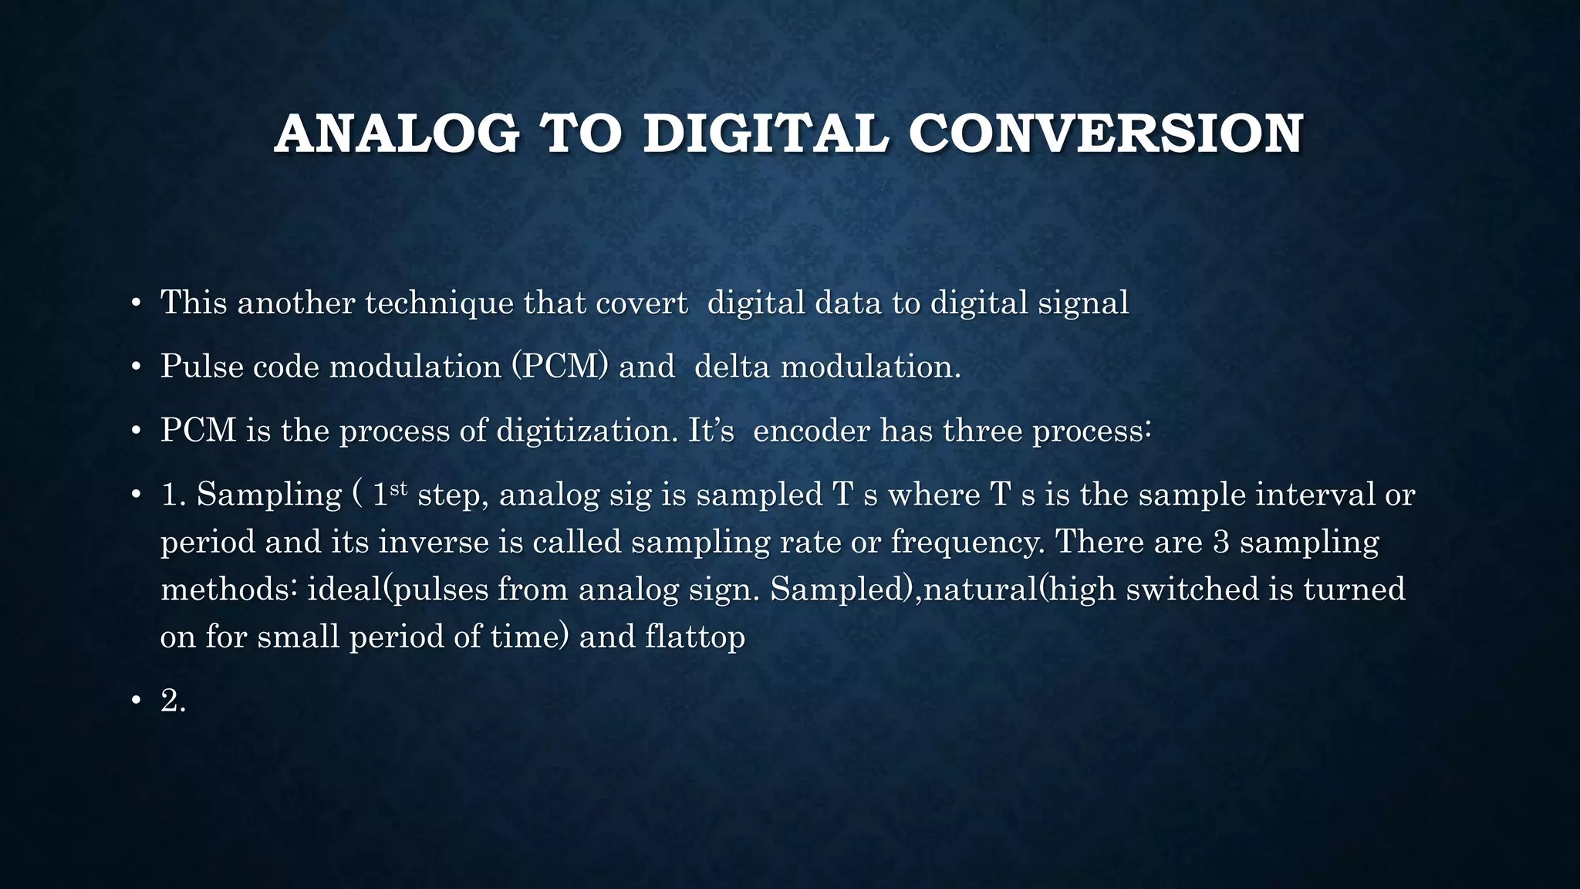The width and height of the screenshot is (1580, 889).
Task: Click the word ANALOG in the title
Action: [397, 134]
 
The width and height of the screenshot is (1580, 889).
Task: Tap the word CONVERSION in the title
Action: [1106, 134]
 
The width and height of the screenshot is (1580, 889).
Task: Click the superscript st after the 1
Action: [397, 487]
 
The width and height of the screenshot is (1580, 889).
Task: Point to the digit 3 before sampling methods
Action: [1220, 542]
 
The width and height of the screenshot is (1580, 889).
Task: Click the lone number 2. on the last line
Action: [173, 701]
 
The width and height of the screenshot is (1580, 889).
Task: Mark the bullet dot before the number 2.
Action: [136, 701]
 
